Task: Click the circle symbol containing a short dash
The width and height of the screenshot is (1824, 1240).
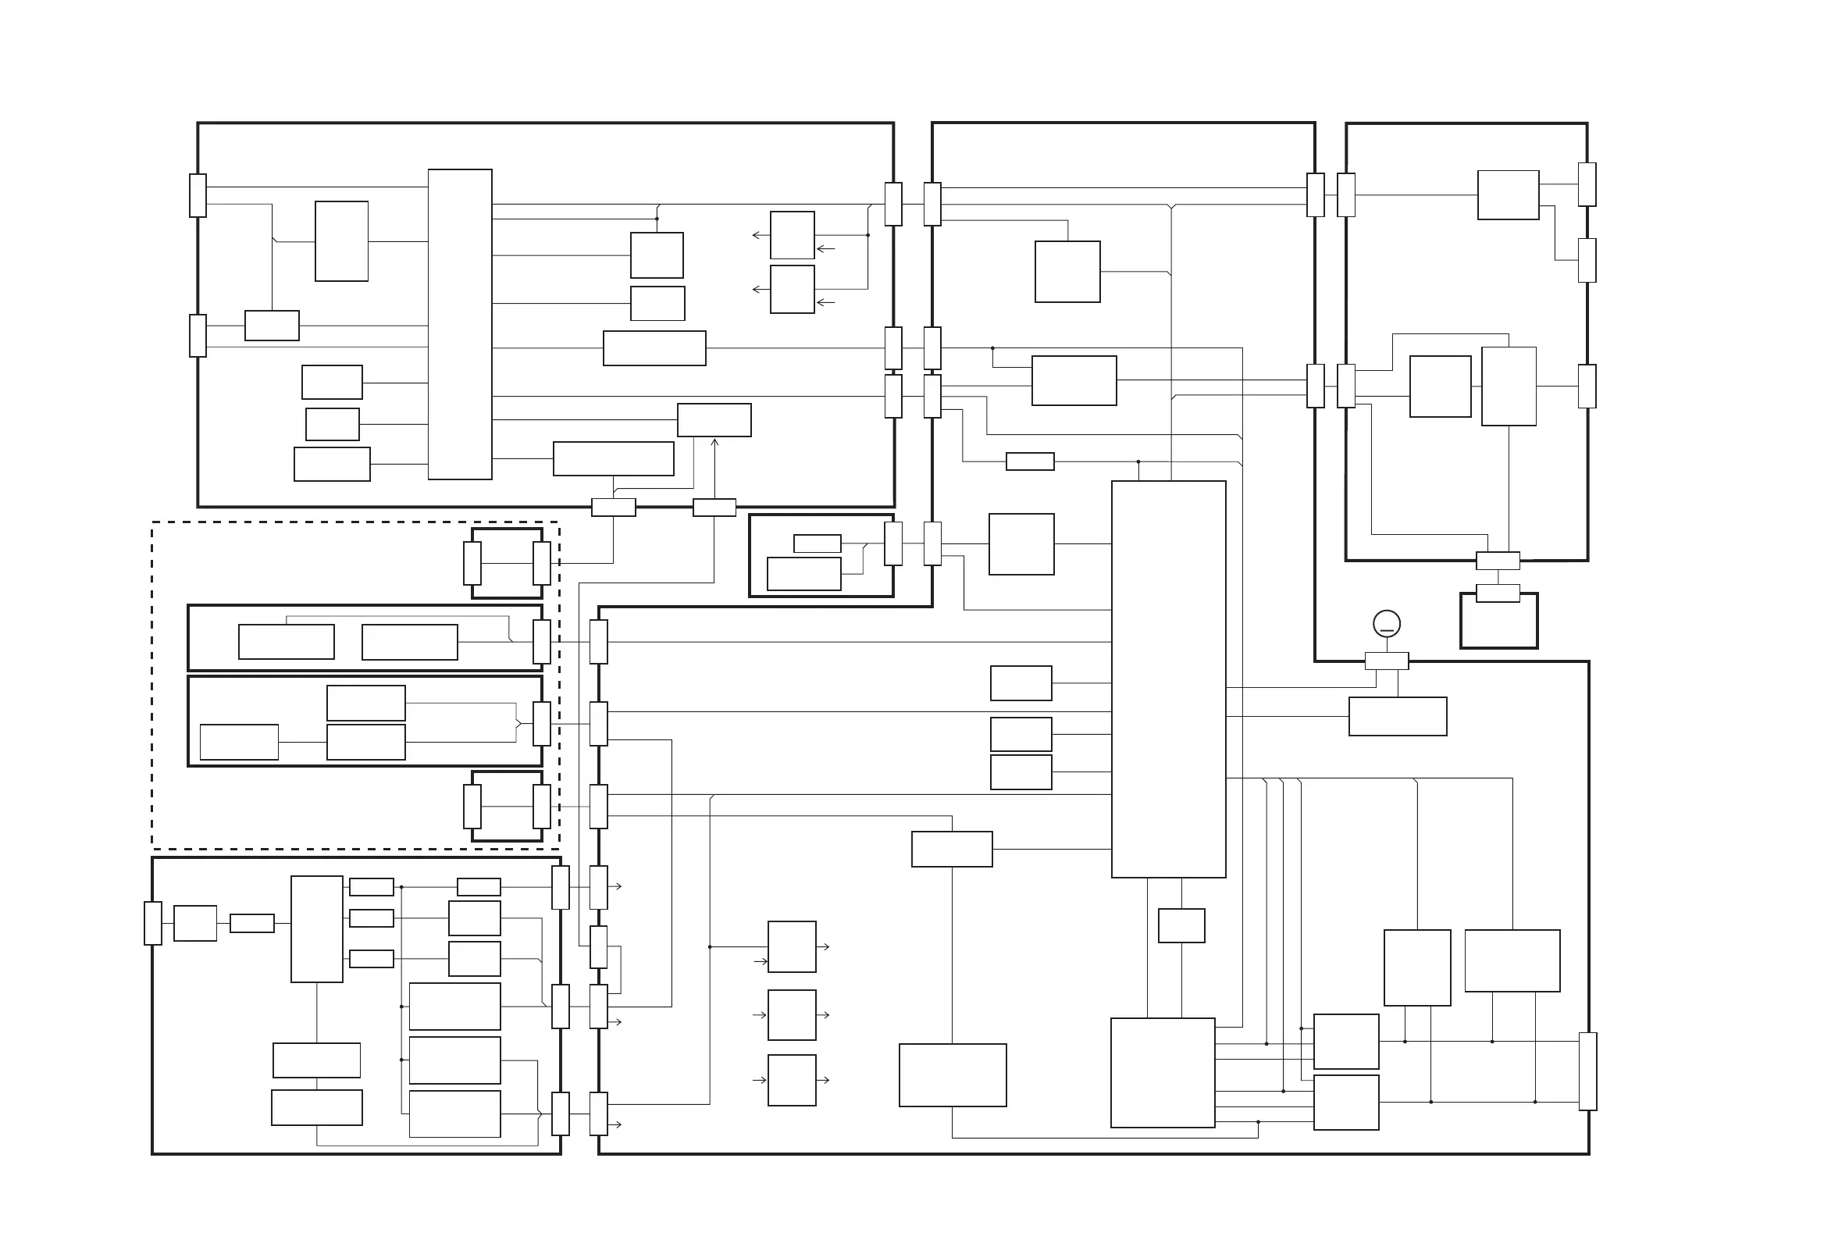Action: point(1386,624)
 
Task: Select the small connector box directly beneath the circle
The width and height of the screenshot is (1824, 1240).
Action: point(1386,661)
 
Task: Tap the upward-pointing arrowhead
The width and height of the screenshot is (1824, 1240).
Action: point(714,444)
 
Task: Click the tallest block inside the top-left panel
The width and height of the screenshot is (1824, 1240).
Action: point(460,324)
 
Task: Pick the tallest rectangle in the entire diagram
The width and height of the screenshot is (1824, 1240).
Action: point(1168,679)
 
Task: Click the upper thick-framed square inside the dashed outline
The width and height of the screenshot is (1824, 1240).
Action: point(506,563)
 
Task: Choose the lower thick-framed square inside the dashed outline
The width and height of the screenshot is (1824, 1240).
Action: point(506,806)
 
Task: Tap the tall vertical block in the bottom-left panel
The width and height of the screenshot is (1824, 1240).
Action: point(316,929)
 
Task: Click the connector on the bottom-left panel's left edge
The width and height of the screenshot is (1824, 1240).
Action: point(153,923)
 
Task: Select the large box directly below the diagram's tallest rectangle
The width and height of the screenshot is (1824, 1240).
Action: point(1163,1073)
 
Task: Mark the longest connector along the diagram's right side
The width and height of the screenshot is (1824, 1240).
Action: point(1587,1071)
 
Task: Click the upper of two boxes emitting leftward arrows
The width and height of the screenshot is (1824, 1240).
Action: point(792,235)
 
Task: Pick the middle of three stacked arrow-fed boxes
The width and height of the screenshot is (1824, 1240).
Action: point(791,1015)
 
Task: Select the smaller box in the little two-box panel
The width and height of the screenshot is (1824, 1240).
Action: point(817,543)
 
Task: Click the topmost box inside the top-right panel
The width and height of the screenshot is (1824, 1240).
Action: point(1508,194)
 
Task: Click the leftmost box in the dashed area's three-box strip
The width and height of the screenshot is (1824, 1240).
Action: point(240,742)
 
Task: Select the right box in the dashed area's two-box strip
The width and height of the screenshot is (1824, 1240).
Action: point(410,642)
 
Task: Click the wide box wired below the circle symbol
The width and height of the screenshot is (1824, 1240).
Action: point(1397,716)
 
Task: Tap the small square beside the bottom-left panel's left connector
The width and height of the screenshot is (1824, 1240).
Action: point(194,923)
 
